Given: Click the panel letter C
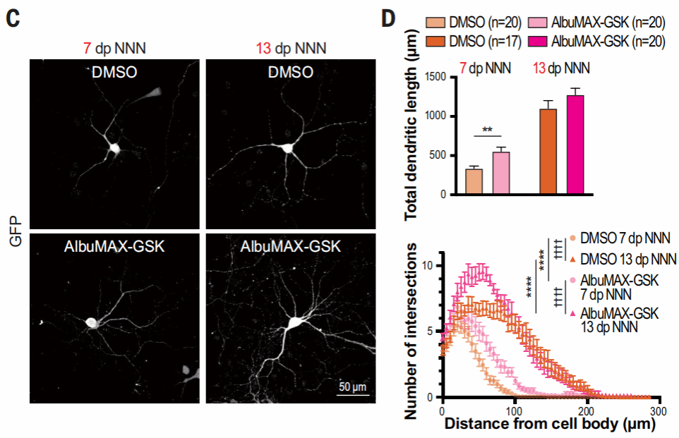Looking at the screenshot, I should pos(12,18).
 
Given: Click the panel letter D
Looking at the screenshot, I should pos(389,18).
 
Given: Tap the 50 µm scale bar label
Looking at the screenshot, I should pos(351,387).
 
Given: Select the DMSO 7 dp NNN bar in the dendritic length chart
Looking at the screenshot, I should pos(474,181).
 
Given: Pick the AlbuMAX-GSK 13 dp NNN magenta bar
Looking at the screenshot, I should pos(575,145).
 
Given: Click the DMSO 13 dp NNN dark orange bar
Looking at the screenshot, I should pos(548,152).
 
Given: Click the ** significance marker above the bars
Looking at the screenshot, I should pos(487,130).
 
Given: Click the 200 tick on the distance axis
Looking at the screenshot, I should pos(586,410).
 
